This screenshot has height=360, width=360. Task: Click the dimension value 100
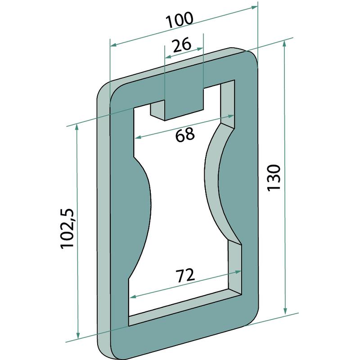coord(180,20)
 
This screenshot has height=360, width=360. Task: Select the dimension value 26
coord(182,45)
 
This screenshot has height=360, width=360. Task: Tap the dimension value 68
coord(185,134)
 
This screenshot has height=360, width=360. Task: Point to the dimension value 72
coord(185,275)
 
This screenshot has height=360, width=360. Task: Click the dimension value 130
coord(274,177)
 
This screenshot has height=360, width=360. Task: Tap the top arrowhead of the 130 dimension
coord(284,44)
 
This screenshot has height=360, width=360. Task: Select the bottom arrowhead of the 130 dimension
coord(285,310)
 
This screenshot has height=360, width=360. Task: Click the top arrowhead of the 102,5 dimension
coord(77,127)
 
